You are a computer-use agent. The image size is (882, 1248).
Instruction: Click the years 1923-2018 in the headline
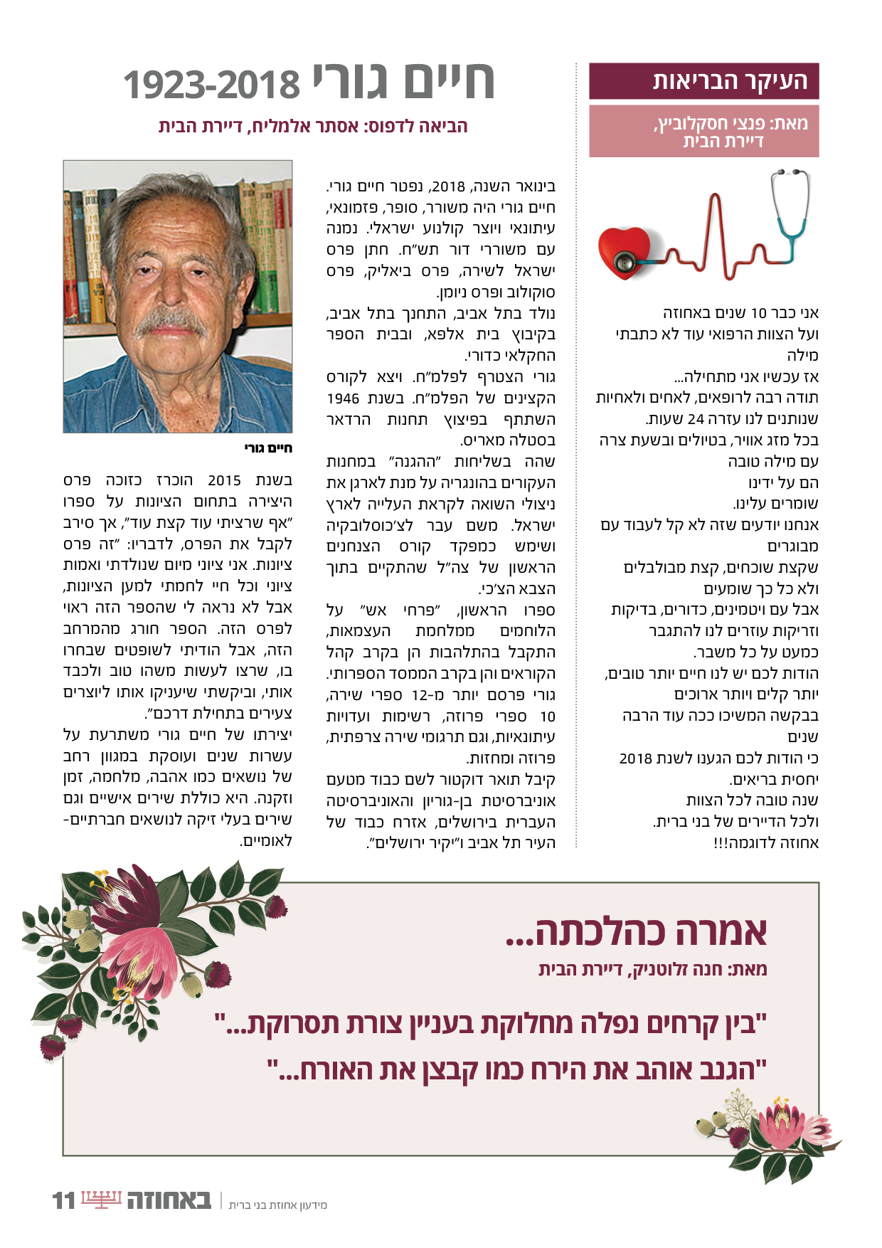tap(212, 85)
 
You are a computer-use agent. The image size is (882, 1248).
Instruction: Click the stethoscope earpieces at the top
tap(790, 174)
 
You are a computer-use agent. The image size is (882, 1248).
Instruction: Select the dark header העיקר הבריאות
tap(703, 81)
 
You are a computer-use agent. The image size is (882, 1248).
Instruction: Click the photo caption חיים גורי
tap(268, 448)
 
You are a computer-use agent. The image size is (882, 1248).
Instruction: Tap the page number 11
tap(63, 1200)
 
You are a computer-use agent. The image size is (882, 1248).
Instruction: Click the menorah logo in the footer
tap(102, 1200)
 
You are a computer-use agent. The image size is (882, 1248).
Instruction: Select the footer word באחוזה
tap(169, 1200)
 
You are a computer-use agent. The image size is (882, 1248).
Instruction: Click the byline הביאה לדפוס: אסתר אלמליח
tap(313, 127)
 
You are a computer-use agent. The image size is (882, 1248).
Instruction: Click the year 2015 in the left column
tap(224, 480)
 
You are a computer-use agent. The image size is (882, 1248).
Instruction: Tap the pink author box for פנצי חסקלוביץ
tap(703, 132)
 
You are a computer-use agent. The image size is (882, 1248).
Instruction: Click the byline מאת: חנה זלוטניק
tap(652, 969)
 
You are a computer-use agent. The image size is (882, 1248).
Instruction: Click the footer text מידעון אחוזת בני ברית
tap(278, 1205)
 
